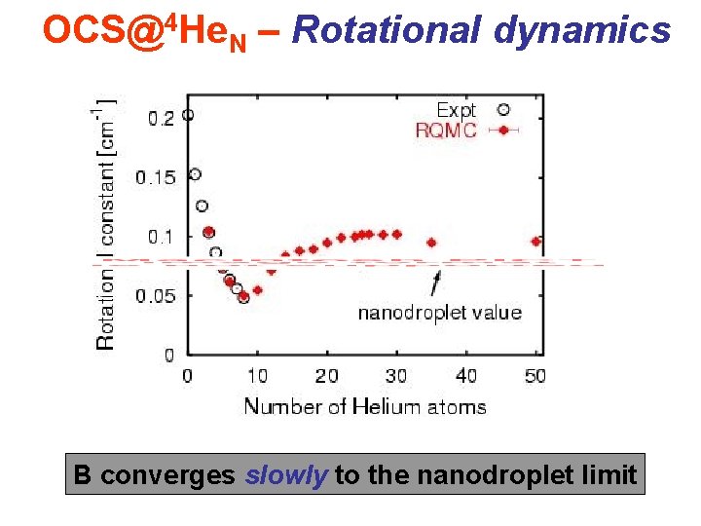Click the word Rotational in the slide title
click(x=387, y=30)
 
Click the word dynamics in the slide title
click(x=581, y=30)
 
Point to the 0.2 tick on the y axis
click(x=161, y=118)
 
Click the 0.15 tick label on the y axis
click(x=156, y=177)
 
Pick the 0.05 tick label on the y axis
click(x=156, y=296)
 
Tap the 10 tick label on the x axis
click(x=257, y=375)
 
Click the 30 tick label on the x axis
click(x=396, y=375)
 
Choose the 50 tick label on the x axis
click(x=535, y=375)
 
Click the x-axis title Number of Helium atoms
click(x=364, y=405)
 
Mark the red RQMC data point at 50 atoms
click(x=535, y=241)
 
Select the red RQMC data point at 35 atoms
click(x=431, y=243)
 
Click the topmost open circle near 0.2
click(x=188, y=114)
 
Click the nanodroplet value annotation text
click(x=439, y=313)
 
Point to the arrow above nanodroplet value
click(x=435, y=282)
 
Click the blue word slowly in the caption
click(x=286, y=475)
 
